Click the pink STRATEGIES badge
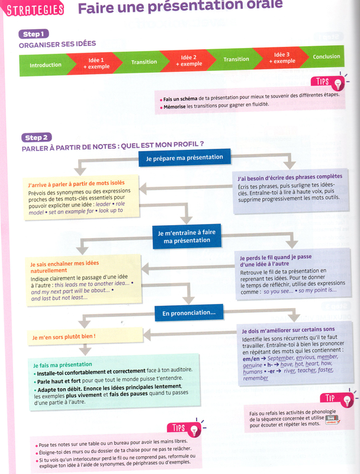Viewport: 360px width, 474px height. click(34, 9)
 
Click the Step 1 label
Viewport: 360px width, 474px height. click(35, 34)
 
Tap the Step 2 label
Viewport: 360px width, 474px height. click(37, 137)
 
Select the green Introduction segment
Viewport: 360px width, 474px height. click(45, 65)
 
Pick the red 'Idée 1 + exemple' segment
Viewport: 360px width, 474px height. click(96, 63)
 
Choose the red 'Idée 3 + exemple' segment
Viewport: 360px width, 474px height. click(284, 58)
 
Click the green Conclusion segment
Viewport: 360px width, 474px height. click(326, 57)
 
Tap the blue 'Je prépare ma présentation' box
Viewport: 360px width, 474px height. click(184, 158)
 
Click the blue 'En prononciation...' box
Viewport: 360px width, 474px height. click(185, 312)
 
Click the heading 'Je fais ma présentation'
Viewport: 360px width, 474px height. click(63, 364)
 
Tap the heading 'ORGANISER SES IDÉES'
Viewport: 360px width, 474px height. click(57, 44)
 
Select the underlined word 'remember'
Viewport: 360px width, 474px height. click(255, 378)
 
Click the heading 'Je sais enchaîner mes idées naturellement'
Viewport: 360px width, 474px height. click(65, 267)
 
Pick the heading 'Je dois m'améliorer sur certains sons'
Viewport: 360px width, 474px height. click(288, 329)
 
